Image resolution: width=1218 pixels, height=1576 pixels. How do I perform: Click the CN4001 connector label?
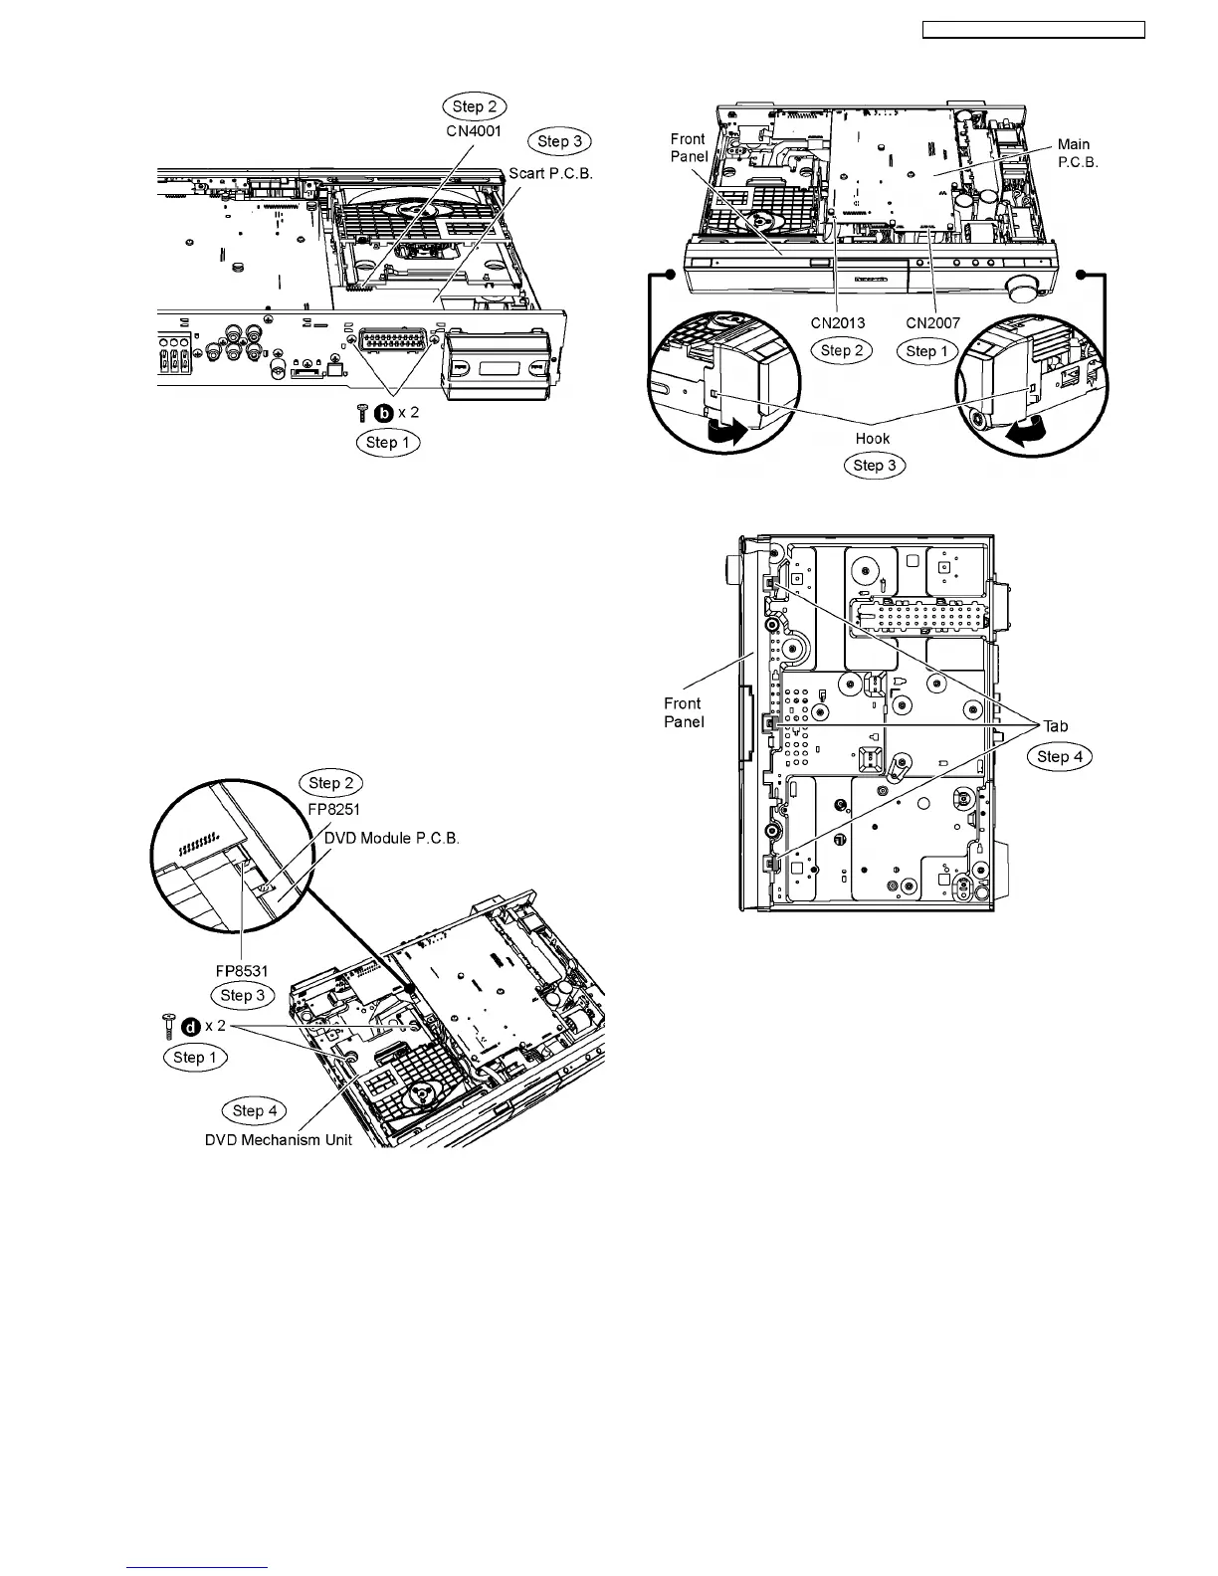point(475,130)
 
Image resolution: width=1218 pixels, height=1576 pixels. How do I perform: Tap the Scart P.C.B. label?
point(550,172)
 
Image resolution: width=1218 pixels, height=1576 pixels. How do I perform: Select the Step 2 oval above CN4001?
point(474,106)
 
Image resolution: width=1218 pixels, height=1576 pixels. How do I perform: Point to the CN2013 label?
point(837,322)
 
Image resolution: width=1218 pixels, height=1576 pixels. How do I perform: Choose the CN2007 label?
point(932,322)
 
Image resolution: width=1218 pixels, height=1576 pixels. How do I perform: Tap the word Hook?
point(873,438)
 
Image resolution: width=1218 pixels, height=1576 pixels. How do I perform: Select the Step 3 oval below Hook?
point(874,465)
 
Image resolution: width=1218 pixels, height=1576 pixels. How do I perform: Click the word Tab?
point(1055,726)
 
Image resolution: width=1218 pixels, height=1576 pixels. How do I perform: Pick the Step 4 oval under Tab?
point(1059,756)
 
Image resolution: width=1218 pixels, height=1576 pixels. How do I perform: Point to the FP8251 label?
point(332,809)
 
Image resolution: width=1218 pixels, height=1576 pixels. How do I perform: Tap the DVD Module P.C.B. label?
point(392,838)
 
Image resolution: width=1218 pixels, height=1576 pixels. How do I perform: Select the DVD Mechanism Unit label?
point(279,1139)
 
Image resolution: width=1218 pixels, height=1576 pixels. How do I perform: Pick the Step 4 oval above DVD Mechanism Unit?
point(254,1110)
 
